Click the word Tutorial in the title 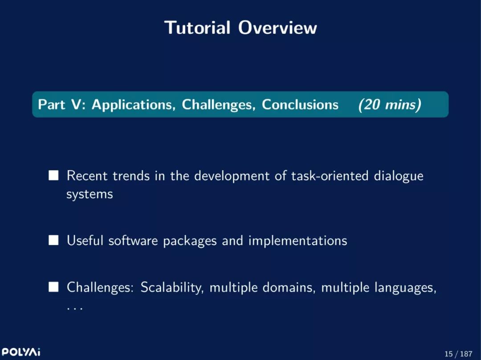(197, 28)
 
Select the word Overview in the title (277, 28)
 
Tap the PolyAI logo (21, 352)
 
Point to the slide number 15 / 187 (458, 354)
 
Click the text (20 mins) (390, 105)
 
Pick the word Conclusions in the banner (300, 105)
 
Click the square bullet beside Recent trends (53, 176)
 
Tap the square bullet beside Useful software (53, 240)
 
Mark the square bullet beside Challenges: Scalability (53, 287)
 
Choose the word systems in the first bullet (90, 194)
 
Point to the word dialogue (399, 176)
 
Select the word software (133, 240)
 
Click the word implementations (298, 241)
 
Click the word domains (289, 288)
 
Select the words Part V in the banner (60, 105)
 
